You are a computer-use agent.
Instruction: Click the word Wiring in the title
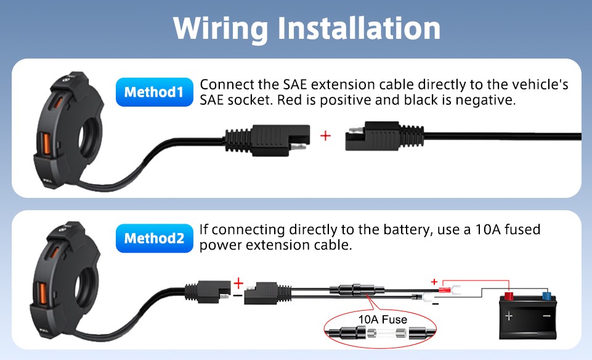point(221,29)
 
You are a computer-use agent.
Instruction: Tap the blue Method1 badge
point(155,92)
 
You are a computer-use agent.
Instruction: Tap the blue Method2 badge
point(155,239)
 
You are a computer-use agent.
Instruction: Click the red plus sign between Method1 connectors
point(325,136)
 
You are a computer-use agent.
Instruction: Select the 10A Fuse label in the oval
point(383,319)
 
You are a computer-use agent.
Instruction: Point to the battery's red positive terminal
point(509,295)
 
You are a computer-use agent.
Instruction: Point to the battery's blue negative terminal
point(546,295)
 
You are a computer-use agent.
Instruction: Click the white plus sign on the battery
point(509,316)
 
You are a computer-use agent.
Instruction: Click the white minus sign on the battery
point(546,316)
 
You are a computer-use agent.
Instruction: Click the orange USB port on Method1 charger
point(46,144)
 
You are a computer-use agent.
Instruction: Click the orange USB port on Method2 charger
point(43,292)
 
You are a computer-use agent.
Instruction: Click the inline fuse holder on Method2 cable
point(357,290)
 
